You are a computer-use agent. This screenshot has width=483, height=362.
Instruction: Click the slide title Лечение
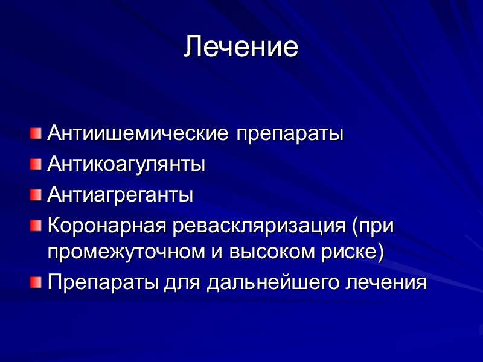click(241, 47)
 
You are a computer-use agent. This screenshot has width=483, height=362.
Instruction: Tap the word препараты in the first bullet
click(289, 133)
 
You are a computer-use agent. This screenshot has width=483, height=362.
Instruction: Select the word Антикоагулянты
click(126, 164)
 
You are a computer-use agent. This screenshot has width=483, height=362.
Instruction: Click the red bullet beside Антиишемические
click(36, 132)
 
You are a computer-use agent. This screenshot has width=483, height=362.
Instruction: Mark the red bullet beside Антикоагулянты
click(36, 163)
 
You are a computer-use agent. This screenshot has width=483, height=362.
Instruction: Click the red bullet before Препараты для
click(36, 281)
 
